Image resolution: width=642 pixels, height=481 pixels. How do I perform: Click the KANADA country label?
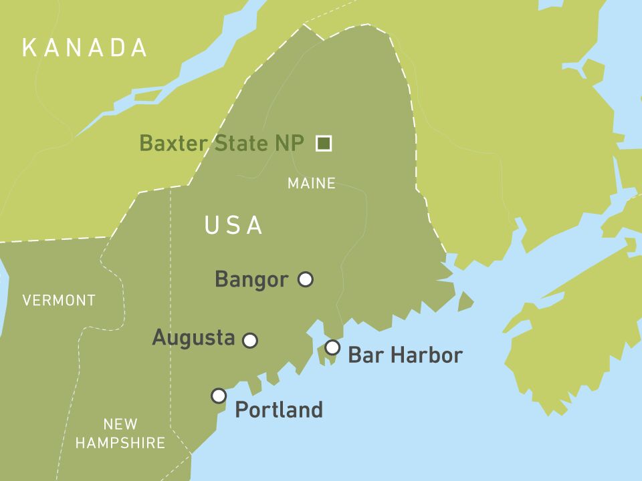click(x=84, y=47)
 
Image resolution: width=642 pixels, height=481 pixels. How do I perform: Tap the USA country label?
click(x=233, y=226)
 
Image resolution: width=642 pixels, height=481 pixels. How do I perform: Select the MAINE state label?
click(x=312, y=183)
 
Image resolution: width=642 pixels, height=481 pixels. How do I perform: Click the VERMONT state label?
click(x=59, y=301)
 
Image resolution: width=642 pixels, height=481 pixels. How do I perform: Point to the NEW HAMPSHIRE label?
click(x=120, y=433)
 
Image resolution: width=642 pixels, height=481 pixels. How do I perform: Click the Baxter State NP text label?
click(x=221, y=143)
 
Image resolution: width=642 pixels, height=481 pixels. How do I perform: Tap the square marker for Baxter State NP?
click(x=324, y=143)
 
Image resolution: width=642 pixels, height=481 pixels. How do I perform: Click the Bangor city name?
click(x=251, y=279)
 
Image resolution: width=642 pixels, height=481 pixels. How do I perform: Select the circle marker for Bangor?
click(x=305, y=279)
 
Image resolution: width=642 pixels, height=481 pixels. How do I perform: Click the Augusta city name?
click(x=193, y=338)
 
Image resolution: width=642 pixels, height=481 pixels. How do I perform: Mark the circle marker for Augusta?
click(x=250, y=341)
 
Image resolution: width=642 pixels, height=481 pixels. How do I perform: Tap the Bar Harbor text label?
click(x=405, y=355)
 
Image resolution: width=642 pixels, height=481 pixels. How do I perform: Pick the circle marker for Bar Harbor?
click(x=332, y=347)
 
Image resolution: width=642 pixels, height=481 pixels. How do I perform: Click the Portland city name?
click(x=279, y=410)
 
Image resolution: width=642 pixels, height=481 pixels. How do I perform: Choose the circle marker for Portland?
click(x=219, y=395)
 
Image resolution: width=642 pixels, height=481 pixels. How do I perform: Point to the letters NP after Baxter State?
click(x=291, y=143)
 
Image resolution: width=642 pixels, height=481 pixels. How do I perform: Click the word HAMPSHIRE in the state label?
click(x=120, y=443)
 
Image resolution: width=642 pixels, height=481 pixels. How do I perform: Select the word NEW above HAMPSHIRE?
click(x=120, y=424)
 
